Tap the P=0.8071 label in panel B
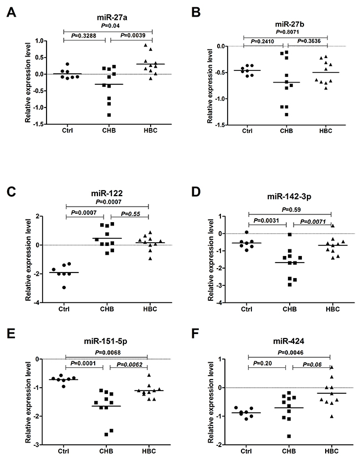click(286, 32)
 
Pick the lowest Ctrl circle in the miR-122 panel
click(66, 288)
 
